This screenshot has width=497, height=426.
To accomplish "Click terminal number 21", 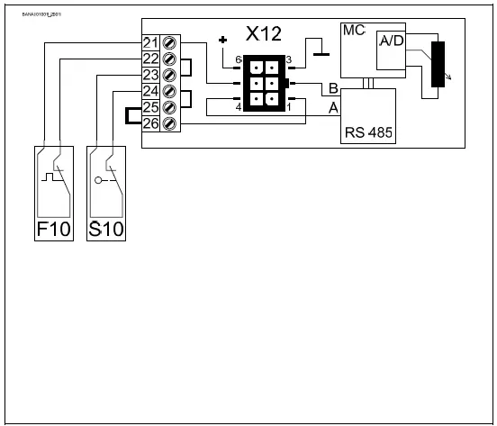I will point(150,44).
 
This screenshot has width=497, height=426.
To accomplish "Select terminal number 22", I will point(150,59).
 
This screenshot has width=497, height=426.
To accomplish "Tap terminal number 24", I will point(150,91).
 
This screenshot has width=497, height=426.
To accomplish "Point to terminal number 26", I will point(150,122).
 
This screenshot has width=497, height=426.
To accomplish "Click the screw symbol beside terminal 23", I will point(167,75).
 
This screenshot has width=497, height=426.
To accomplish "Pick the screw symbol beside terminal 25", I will point(167,106).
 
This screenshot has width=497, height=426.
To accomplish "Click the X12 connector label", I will point(263,34).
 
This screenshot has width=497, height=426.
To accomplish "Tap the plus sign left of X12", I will point(223,40).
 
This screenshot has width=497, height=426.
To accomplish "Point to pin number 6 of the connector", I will point(239,59).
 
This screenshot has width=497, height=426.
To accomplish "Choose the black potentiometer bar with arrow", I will point(438,65).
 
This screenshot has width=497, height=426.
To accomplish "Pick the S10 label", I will point(106,230).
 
